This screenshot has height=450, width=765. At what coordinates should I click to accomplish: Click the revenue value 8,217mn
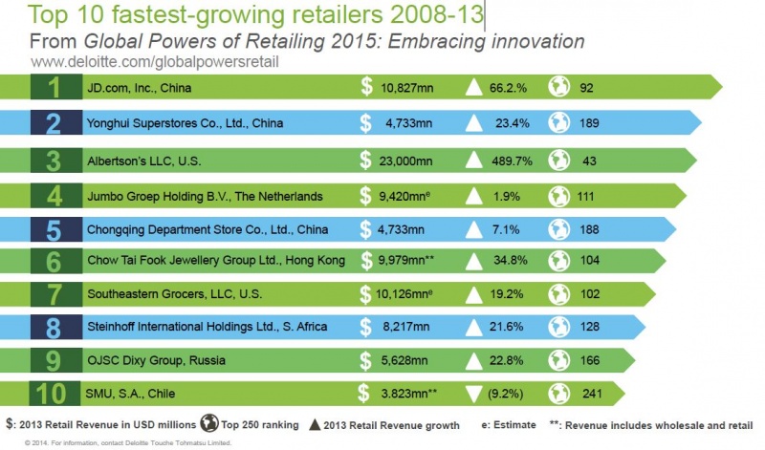click(408, 327)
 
